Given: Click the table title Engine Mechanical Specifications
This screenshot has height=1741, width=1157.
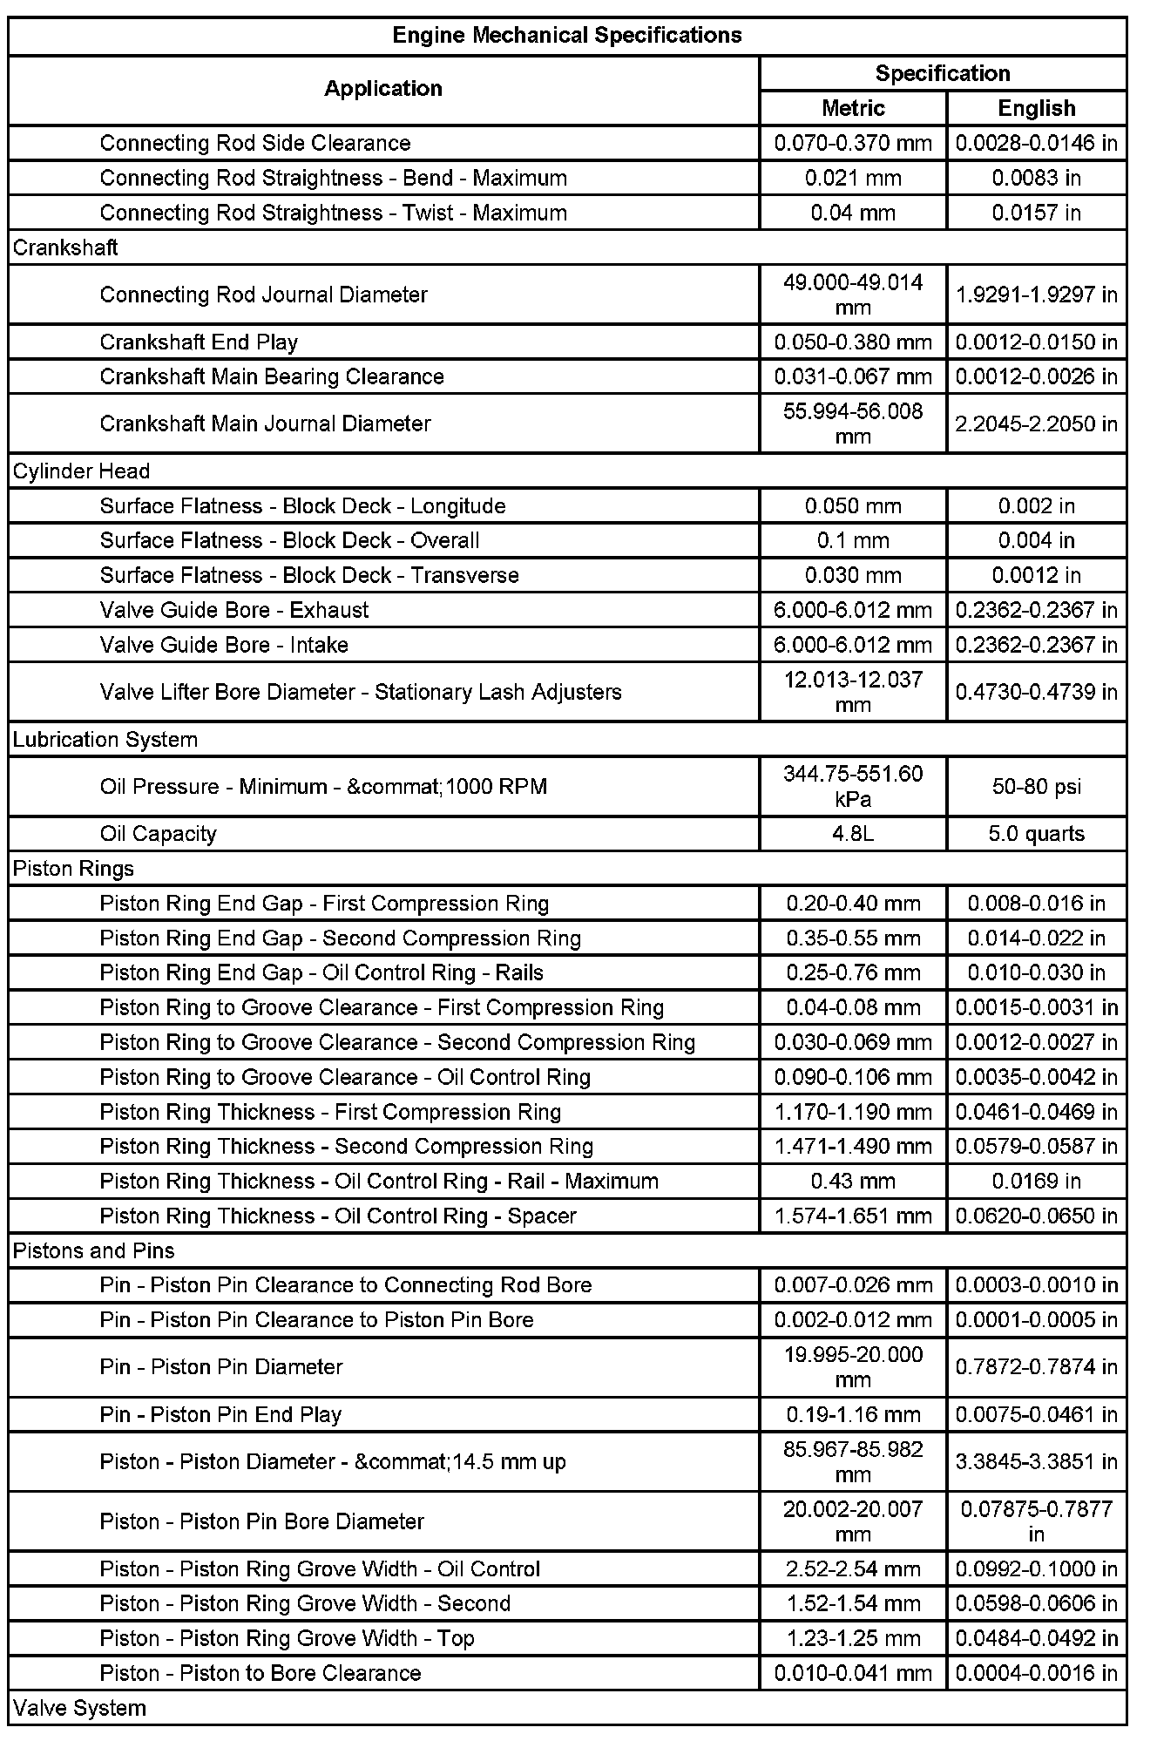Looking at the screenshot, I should coord(566,36).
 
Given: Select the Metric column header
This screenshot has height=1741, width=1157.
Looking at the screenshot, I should coord(853,108).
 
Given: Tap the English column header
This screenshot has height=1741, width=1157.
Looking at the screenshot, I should coord(1036,108).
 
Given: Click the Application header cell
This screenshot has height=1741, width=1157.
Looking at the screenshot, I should coord(383,89).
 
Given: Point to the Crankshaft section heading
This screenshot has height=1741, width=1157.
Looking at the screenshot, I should coord(66,247).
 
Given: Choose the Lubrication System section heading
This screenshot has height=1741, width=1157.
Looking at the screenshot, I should coord(105,740).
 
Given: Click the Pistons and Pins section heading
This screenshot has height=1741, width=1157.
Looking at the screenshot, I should coord(94,1251).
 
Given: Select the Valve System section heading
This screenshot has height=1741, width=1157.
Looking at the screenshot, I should coord(80,1708).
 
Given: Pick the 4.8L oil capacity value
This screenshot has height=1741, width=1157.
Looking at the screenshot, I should coord(853,834).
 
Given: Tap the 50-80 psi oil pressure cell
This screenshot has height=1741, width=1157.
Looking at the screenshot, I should coord(1036,787).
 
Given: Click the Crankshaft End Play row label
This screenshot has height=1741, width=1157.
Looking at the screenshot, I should coord(199,342).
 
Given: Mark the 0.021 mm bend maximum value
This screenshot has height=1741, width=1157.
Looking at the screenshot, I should coord(853,178).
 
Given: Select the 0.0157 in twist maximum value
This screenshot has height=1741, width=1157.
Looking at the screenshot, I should coord(1036,213).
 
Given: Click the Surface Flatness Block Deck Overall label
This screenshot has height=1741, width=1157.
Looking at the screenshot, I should coord(289,540).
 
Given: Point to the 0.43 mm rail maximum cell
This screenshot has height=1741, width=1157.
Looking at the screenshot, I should coord(853,1182).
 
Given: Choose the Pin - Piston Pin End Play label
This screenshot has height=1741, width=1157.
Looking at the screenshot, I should coord(220,1414).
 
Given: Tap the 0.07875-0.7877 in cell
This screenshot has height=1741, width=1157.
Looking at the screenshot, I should coord(1036,1521).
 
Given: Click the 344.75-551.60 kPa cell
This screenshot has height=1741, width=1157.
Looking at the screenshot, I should coord(853,786).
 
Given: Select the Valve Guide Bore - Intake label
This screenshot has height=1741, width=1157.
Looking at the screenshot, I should coord(224,645).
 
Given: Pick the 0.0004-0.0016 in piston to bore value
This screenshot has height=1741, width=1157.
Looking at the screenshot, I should coord(1036,1673).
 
